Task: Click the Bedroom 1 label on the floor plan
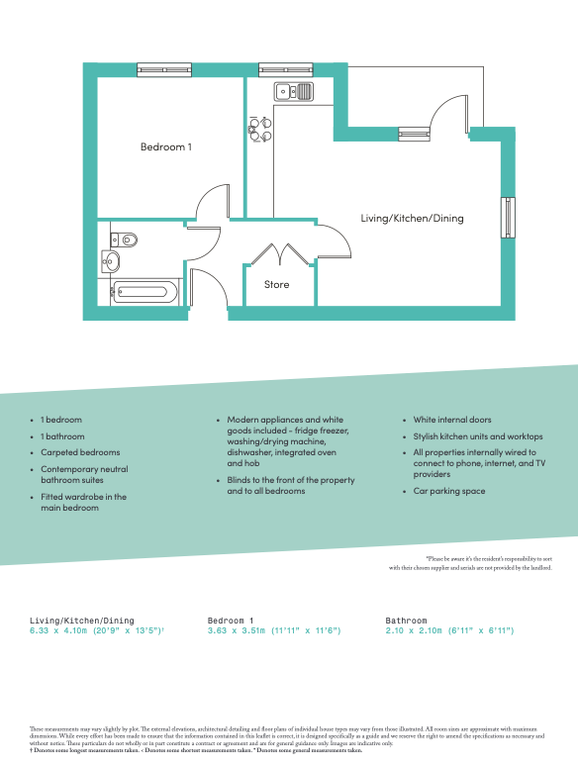[x=165, y=147]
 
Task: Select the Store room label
[x=277, y=285]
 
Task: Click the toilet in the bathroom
[x=124, y=239]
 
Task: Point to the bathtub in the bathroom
[x=144, y=291]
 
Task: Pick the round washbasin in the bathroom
[x=110, y=262]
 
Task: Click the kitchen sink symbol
[x=294, y=92]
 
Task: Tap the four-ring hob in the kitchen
[x=259, y=130]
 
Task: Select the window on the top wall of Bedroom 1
[x=164, y=69]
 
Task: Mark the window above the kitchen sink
[x=285, y=69]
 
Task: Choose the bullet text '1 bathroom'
[x=62, y=436]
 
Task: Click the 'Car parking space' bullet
[x=449, y=490]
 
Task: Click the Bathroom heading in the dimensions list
[x=406, y=620]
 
